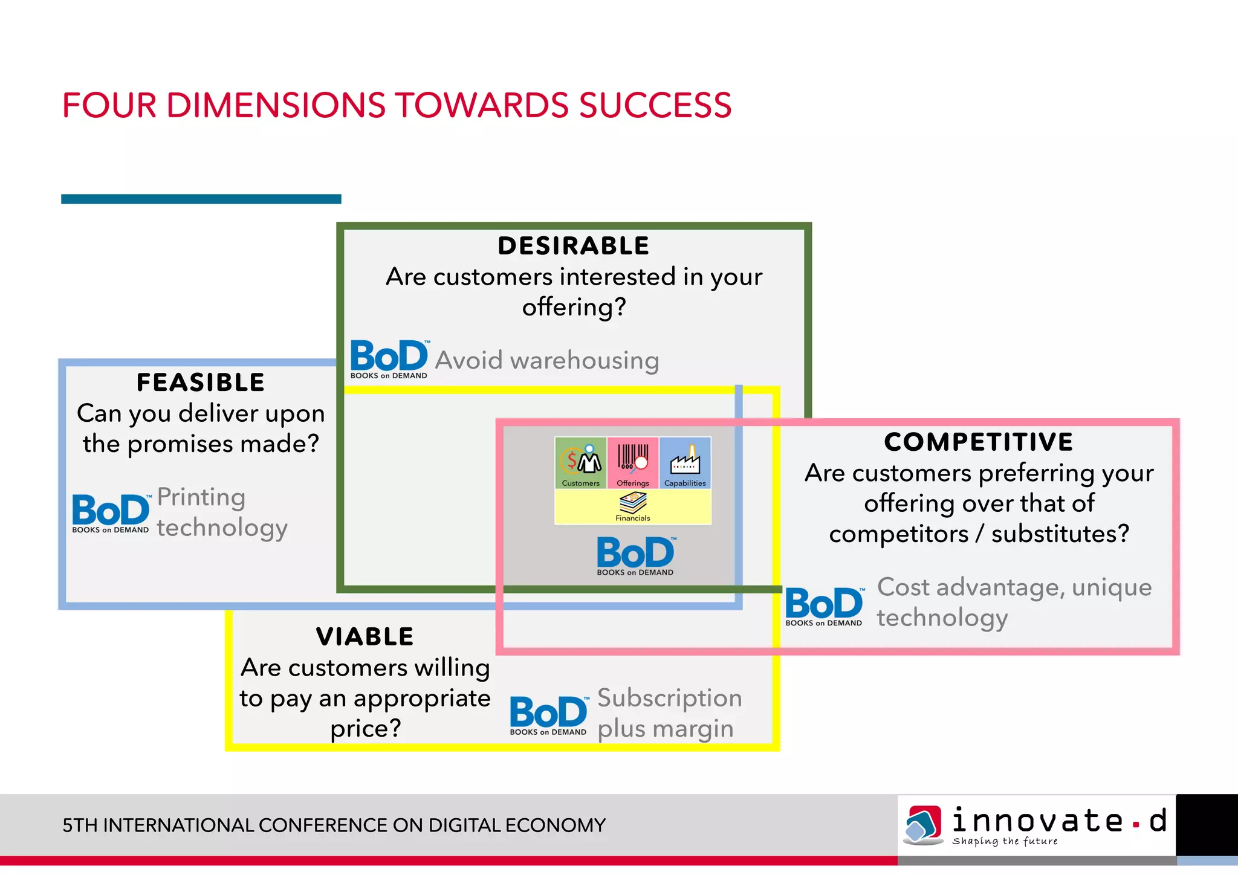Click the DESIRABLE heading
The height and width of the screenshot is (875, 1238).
[x=573, y=246]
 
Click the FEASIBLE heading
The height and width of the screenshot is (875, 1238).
[x=201, y=383]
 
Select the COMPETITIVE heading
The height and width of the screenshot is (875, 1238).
[x=979, y=442]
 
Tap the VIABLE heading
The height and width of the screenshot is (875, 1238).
[x=365, y=637]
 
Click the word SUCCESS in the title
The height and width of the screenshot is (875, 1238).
[x=655, y=105]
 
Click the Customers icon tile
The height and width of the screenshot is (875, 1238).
[x=581, y=463]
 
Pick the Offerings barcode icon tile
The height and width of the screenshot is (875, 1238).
[x=633, y=463]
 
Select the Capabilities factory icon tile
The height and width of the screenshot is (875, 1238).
[x=685, y=463]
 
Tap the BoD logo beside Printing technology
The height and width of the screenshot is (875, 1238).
[x=111, y=513]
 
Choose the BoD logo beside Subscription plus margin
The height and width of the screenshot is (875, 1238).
[x=548, y=715]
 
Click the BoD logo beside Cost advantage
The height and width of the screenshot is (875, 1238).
[x=825, y=606]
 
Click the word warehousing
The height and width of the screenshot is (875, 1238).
[x=585, y=360]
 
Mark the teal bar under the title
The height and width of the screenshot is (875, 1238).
[x=201, y=199]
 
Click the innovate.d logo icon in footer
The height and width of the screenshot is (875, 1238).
[x=922, y=824]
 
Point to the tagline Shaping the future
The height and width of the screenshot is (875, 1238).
[x=1005, y=841]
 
